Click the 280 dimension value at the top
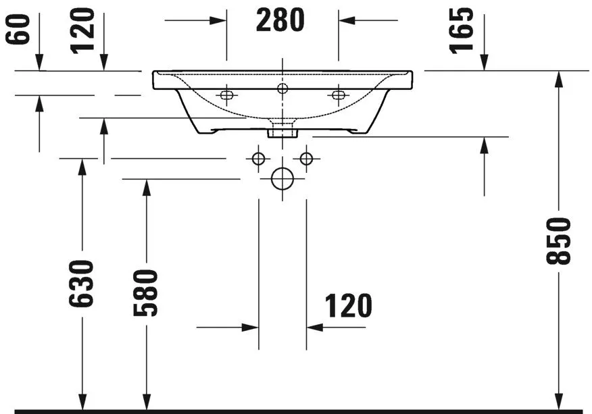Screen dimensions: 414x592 [x=280, y=21]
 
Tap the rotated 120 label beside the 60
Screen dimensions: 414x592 [x=83, y=30]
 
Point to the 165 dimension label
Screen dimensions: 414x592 [x=462, y=30]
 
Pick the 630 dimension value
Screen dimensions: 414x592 [x=81, y=282]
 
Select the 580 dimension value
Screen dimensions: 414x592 [x=145, y=292]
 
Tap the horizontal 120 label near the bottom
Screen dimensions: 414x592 [x=349, y=306]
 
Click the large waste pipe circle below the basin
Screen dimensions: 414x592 [x=282, y=179]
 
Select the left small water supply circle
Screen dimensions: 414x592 [x=257, y=159]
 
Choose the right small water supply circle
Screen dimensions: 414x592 [x=307, y=159]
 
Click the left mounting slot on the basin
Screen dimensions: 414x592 [x=226, y=95]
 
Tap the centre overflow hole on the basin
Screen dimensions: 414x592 [x=282, y=87]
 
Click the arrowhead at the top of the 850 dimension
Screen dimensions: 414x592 [x=559, y=78]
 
